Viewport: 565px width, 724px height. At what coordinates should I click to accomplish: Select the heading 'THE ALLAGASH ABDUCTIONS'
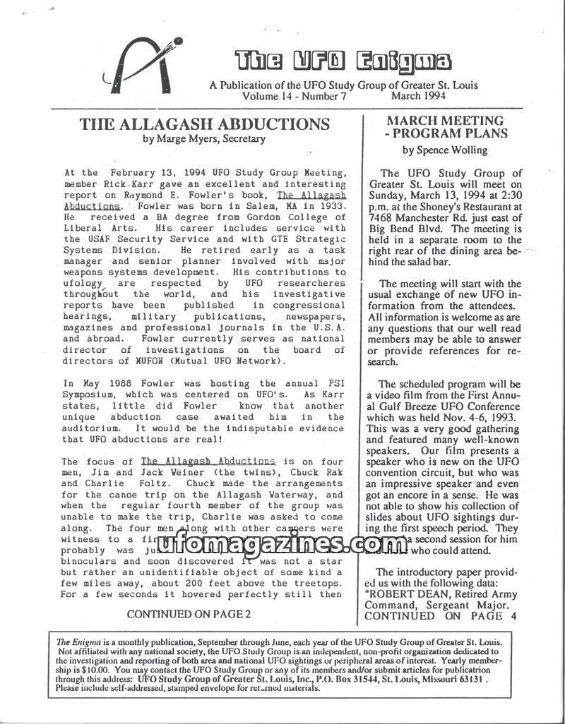205,125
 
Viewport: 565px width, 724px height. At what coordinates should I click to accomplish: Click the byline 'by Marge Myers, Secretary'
204,139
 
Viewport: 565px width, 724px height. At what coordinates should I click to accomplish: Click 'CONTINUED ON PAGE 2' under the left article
189,615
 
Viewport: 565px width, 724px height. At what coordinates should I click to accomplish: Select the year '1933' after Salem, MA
331,207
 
